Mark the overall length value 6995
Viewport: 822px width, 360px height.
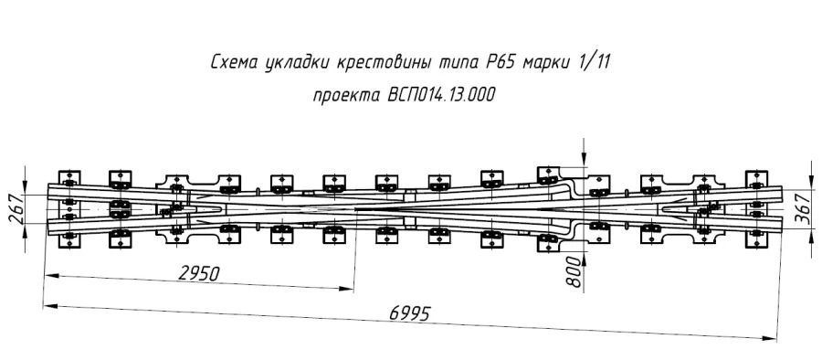(409, 312)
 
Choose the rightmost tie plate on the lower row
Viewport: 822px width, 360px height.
(755, 237)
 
